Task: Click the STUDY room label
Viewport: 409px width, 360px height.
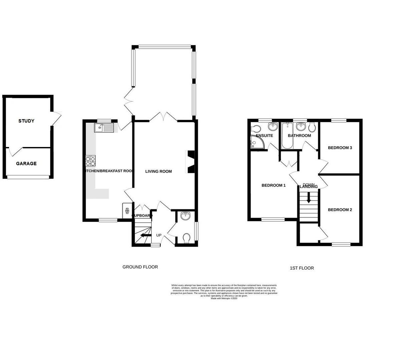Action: point(26,121)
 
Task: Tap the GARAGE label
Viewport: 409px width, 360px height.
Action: point(26,164)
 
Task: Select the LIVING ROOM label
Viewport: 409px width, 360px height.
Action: point(158,171)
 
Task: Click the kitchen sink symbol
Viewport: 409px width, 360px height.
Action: point(104,127)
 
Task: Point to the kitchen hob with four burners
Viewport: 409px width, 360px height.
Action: point(91,161)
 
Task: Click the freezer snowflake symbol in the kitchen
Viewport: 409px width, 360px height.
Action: point(127,211)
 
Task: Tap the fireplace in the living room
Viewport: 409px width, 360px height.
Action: point(191,162)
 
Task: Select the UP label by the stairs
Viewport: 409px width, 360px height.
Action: point(159,235)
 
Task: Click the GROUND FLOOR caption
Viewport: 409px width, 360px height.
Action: point(140,267)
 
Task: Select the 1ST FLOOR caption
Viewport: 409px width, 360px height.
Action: point(302,268)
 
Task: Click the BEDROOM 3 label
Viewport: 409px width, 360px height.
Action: point(340,148)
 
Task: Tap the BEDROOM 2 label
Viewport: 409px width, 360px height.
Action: point(340,210)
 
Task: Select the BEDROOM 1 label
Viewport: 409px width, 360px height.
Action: point(273,185)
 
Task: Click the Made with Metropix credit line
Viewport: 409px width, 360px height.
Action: point(224,298)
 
